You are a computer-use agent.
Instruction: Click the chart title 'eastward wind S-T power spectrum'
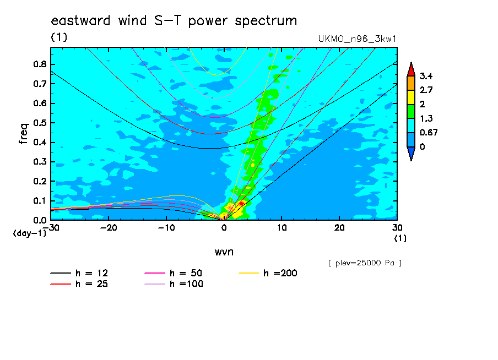tap(174, 20)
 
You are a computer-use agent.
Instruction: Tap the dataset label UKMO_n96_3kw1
tap(358, 39)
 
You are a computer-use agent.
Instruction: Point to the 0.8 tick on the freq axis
tap(40, 64)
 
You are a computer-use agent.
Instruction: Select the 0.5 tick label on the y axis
tap(40, 123)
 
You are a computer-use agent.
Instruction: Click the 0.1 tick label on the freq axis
tap(40, 201)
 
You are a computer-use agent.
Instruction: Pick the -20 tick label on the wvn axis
tap(109, 228)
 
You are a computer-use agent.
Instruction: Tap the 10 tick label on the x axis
tap(282, 228)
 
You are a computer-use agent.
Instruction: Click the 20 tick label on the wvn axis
tap(339, 228)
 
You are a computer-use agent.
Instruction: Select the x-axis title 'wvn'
tap(224, 252)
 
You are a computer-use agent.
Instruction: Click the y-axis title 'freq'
tap(24, 134)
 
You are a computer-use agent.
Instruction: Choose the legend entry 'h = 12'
tap(79, 273)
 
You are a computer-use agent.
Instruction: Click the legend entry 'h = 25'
tap(79, 284)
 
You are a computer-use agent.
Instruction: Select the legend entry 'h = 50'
tap(174, 273)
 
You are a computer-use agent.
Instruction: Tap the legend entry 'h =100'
tap(174, 284)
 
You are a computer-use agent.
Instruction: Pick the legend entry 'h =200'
tap(268, 273)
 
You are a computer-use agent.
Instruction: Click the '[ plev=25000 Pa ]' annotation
tap(365, 263)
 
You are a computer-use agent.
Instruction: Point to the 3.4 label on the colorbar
tap(426, 76)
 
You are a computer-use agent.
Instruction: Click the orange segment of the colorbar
tap(411, 83)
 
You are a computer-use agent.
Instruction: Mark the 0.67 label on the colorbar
tap(429, 132)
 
